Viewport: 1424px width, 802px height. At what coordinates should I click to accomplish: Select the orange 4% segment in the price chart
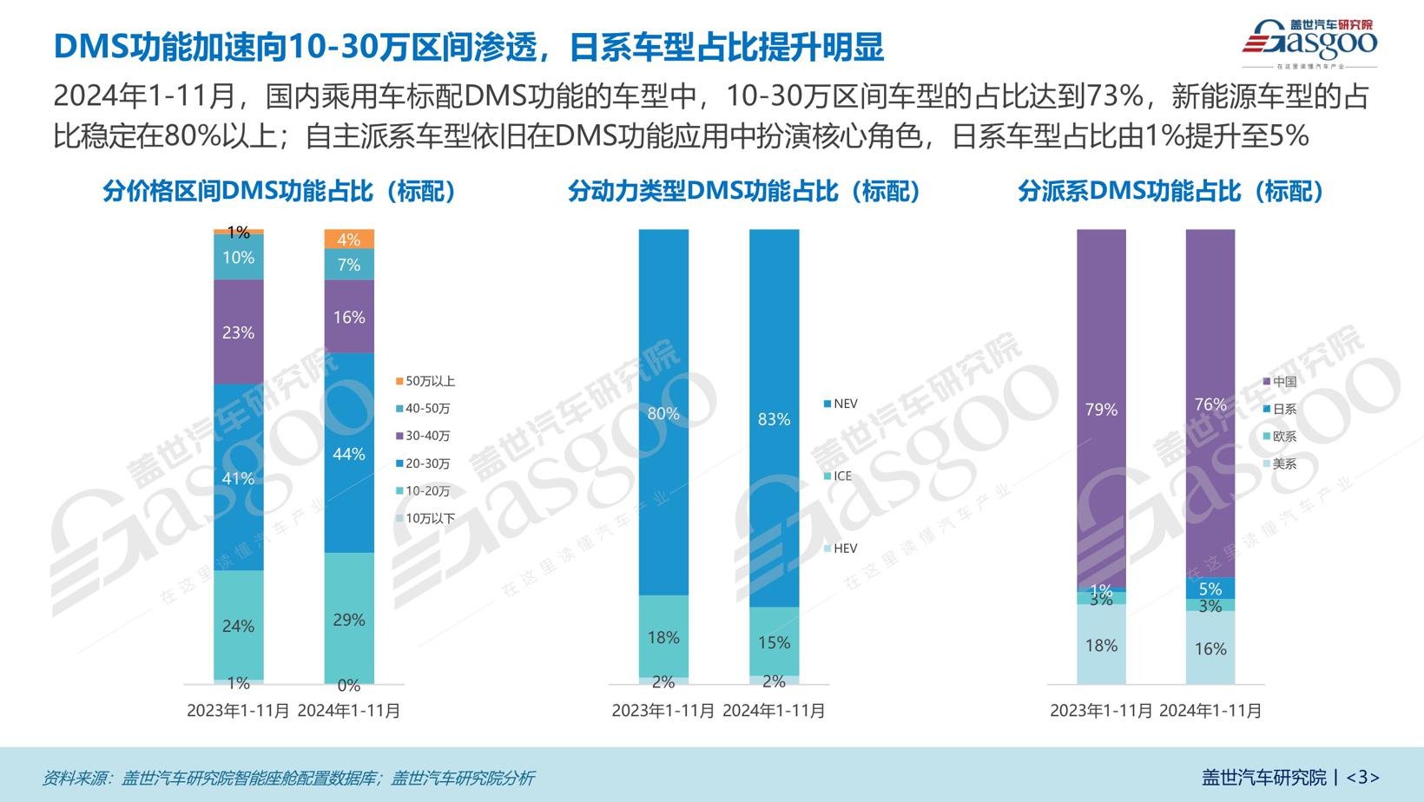click(x=349, y=240)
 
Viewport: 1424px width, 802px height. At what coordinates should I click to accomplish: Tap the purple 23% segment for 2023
click(x=239, y=332)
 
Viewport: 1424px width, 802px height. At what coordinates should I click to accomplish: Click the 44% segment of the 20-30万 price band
click(x=349, y=453)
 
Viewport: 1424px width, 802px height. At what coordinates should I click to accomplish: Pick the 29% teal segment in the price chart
click(x=349, y=619)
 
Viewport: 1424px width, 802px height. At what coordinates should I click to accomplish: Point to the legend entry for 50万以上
click(x=425, y=381)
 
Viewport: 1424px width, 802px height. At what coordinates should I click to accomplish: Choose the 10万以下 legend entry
click(x=425, y=518)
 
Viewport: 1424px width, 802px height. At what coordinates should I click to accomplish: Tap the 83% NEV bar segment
click(x=774, y=419)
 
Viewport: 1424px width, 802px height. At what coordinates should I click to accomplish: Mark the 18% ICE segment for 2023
click(x=663, y=637)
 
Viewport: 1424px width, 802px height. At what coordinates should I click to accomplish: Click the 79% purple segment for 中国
click(x=1101, y=410)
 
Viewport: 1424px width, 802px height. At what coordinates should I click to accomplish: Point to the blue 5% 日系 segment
click(x=1210, y=588)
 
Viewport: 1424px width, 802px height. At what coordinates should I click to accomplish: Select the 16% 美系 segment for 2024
click(x=1210, y=648)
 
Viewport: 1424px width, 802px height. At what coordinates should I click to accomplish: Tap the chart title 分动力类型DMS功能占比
click(x=743, y=191)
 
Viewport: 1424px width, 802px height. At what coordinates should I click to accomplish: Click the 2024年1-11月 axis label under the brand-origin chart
click(x=1210, y=711)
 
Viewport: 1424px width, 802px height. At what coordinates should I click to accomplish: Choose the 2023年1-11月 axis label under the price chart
click(x=239, y=711)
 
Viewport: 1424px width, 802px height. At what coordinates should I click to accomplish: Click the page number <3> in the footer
click(x=1362, y=777)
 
